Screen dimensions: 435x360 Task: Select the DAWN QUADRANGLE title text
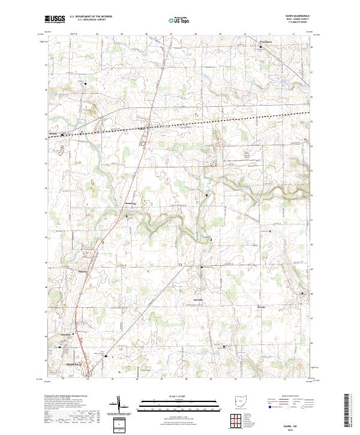point(300,17)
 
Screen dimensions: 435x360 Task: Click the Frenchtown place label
point(265,41)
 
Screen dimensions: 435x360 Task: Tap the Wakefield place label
point(66,334)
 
